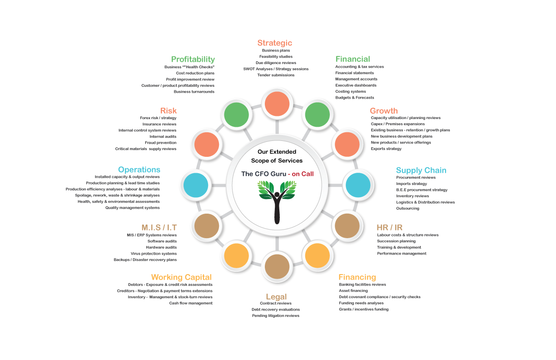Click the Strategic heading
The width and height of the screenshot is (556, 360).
274,43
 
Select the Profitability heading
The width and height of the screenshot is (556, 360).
193,59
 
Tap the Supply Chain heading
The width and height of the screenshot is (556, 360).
421,170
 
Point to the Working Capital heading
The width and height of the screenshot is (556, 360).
181,277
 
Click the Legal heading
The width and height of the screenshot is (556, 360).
276,297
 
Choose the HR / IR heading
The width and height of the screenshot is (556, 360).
389,227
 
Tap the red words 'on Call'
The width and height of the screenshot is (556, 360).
303,174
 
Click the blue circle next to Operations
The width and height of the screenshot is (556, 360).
196,185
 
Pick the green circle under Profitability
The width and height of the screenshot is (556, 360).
237,115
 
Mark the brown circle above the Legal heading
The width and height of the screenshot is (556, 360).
277,266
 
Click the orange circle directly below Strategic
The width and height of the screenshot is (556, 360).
277,104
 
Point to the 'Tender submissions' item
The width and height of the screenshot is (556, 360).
276,75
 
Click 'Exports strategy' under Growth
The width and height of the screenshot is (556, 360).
386,149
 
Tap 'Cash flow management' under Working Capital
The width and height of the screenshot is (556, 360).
191,303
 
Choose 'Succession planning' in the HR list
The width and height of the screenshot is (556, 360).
396,241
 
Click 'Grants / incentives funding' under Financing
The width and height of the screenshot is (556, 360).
363,310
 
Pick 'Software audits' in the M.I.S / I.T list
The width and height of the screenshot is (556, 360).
162,241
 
